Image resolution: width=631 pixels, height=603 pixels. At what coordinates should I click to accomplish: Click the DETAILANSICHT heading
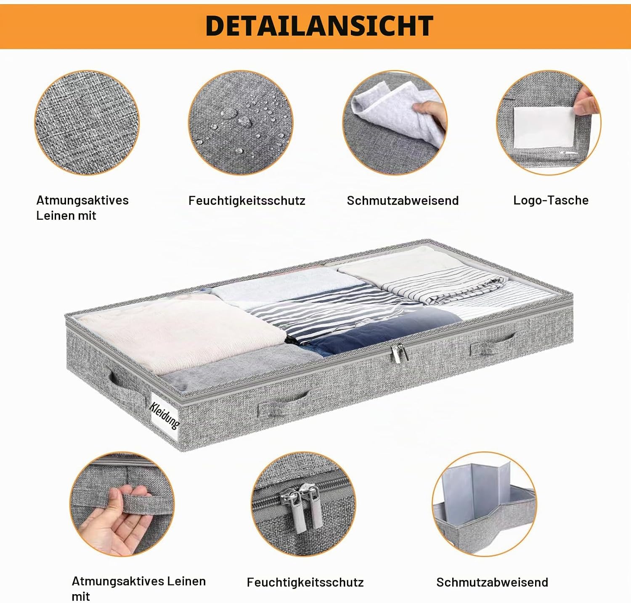click(x=319, y=26)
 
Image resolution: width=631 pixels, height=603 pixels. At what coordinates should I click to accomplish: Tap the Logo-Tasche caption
click(x=551, y=200)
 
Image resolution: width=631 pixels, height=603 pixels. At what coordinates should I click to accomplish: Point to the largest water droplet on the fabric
click(x=229, y=113)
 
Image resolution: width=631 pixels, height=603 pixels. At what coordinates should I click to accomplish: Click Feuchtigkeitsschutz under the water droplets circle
click(x=247, y=200)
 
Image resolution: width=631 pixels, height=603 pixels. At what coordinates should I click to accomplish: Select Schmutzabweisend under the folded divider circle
click(x=492, y=582)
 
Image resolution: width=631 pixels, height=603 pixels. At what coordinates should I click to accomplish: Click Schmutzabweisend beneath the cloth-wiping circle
click(x=403, y=200)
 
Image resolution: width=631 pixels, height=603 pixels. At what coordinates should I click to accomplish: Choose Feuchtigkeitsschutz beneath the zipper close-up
click(x=305, y=582)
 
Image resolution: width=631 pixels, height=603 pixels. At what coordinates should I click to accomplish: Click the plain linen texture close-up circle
click(x=87, y=122)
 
